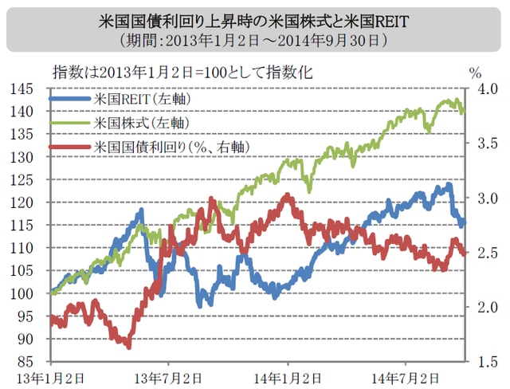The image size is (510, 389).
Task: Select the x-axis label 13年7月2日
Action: tap(171, 377)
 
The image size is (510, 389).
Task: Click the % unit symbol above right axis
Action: tap(475, 73)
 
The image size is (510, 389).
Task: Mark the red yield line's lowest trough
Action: tap(128, 345)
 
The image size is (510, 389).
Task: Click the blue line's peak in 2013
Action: tap(141, 211)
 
